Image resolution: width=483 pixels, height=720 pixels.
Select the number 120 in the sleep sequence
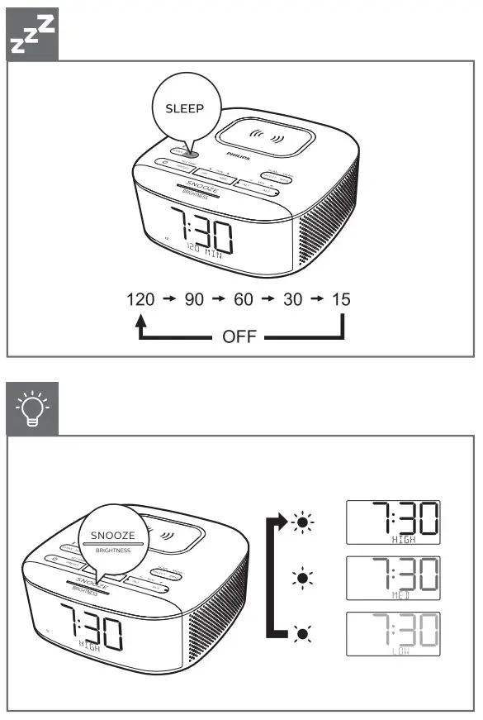(x=140, y=299)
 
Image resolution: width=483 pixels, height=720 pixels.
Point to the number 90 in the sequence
(x=194, y=299)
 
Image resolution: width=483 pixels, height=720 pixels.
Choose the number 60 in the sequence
(x=244, y=299)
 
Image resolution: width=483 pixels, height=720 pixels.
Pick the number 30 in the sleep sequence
(x=293, y=299)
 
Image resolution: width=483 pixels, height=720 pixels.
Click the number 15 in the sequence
(x=340, y=299)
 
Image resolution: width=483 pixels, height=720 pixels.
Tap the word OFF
(x=239, y=337)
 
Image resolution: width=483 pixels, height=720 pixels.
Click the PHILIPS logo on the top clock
(x=236, y=153)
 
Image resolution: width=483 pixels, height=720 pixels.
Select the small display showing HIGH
(x=392, y=522)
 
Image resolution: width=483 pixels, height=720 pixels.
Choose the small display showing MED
(x=392, y=577)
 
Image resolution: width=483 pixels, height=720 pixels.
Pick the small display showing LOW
(x=392, y=633)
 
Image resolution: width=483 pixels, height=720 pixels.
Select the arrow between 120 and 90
(x=168, y=299)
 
